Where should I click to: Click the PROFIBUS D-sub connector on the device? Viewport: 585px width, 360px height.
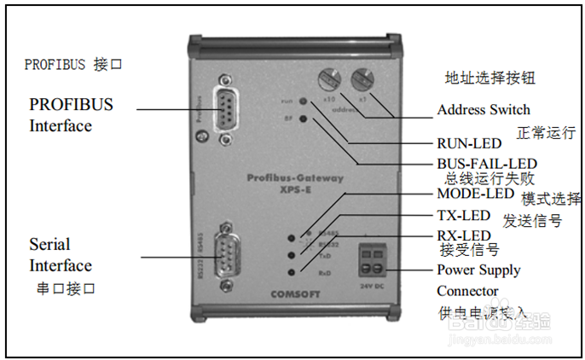224,110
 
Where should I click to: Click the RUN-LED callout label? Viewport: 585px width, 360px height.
468,143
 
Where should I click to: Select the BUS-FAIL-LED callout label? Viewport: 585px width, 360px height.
486,162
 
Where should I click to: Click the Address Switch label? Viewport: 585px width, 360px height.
483,110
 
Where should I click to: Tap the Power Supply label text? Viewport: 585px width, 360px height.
478,270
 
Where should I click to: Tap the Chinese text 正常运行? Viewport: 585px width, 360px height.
547,133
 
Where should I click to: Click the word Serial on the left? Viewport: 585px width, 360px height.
49,245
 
